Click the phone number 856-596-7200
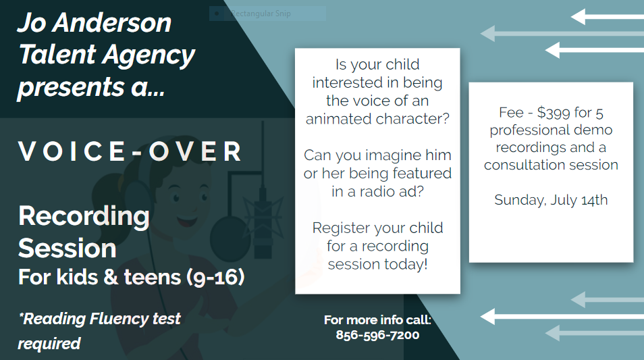(377, 335)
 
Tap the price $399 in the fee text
(554, 112)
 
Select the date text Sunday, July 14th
(551, 200)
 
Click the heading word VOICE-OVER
(130, 151)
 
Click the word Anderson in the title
(112, 22)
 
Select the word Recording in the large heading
(84, 217)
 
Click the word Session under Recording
(68, 249)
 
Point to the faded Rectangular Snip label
(261, 14)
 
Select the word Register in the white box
(336, 228)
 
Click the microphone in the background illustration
(262, 224)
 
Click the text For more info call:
(377, 319)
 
